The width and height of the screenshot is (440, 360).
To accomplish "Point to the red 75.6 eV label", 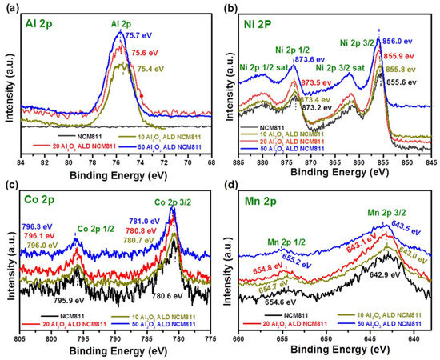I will [144, 47].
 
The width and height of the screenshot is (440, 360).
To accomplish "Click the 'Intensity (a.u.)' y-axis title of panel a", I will [9, 76].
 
